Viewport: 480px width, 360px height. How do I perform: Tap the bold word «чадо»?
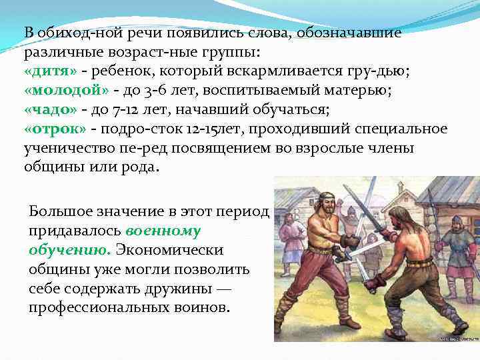51,110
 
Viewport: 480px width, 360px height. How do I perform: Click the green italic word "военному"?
163,231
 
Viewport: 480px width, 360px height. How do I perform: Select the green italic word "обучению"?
69,249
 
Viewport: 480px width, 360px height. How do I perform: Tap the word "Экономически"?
171,249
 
